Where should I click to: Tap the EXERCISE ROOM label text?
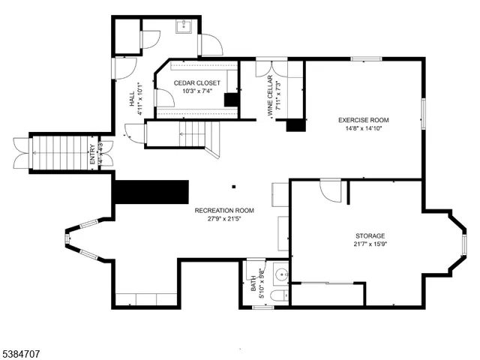pos(364,120)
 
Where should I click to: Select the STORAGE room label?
pos(370,235)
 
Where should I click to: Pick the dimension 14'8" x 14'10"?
pos(364,128)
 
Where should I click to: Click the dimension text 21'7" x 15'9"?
pos(370,244)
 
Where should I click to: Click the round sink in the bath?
pos(281,274)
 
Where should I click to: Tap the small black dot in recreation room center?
pos(234,186)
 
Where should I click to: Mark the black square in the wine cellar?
pos(297,125)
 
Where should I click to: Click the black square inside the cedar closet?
pos(232,100)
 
